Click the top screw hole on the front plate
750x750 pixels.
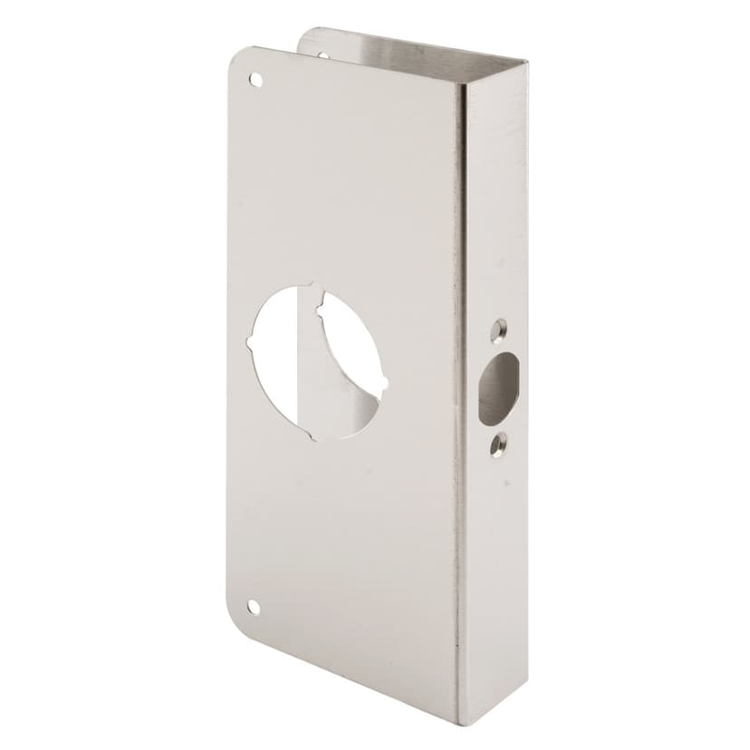256,80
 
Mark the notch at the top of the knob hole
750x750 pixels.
316,291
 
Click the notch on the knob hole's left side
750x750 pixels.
249,344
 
